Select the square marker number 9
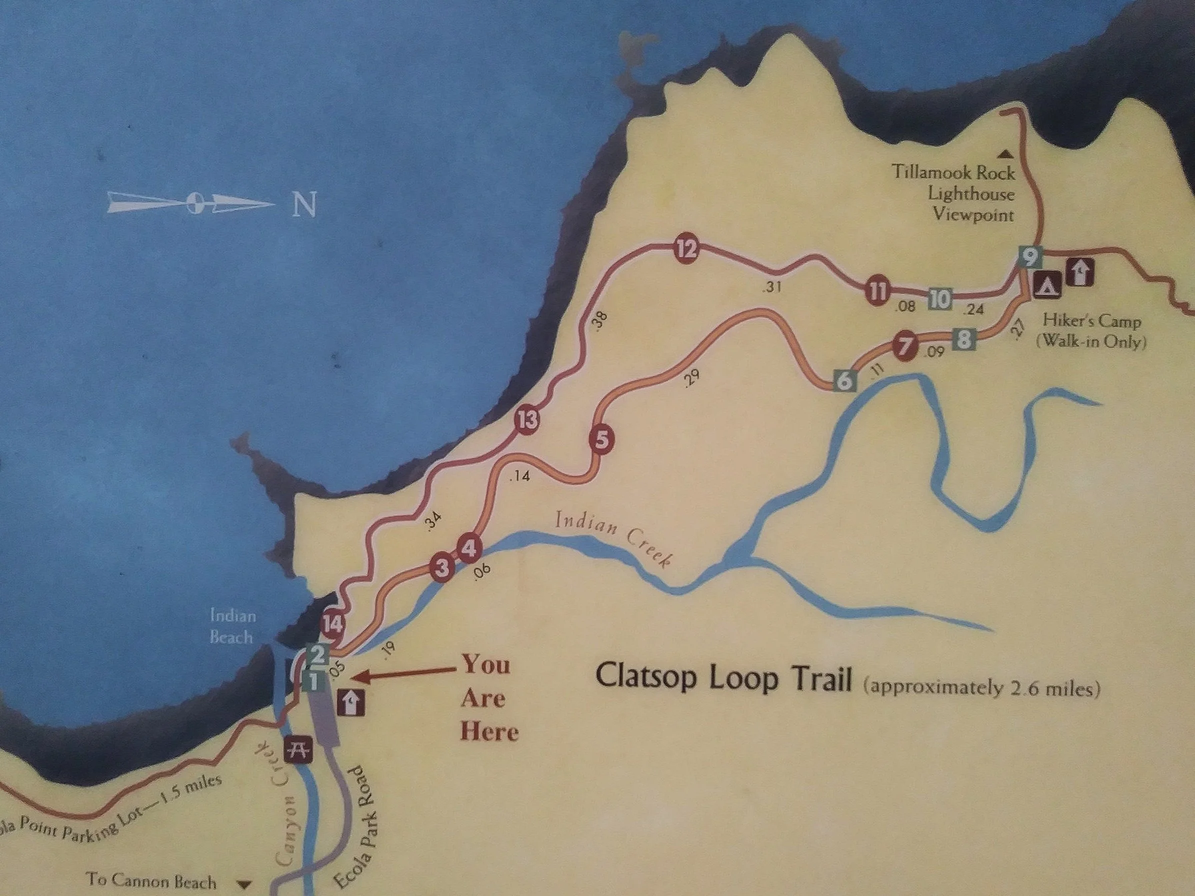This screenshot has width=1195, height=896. tap(1030, 256)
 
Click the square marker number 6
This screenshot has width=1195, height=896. tap(845, 381)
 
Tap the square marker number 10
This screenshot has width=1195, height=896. tap(940, 298)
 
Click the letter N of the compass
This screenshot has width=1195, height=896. tap(303, 204)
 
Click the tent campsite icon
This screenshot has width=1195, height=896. tap(1048, 284)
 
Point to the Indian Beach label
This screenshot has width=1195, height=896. tap(232, 626)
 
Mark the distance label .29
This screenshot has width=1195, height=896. tap(691, 378)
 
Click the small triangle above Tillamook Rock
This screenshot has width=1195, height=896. tap(1005, 154)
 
